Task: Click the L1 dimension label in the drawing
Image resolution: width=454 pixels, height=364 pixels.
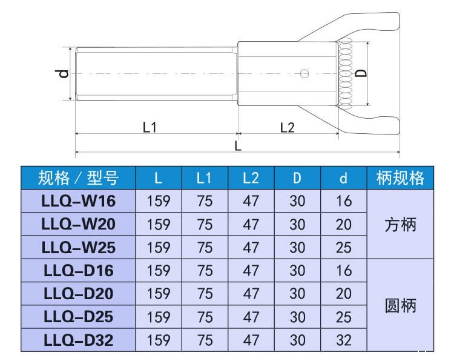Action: (x=150, y=127)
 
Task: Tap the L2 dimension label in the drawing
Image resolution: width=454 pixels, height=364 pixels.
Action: (x=287, y=127)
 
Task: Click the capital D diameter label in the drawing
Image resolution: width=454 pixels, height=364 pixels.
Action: (x=360, y=73)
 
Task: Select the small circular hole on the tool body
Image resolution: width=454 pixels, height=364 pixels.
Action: (x=304, y=74)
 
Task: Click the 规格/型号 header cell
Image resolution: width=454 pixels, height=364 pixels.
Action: (x=78, y=178)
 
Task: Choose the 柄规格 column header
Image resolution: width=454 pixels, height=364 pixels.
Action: (x=401, y=178)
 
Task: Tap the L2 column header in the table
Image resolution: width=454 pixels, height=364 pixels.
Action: (x=251, y=178)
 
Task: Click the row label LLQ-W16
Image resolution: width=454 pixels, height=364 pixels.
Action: (x=78, y=201)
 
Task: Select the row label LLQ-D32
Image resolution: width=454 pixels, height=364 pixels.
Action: (x=78, y=340)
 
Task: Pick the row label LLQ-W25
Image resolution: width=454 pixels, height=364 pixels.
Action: (x=78, y=247)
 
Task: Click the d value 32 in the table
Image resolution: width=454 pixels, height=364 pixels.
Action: (x=343, y=340)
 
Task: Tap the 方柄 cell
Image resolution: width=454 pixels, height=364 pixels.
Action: (x=401, y=225)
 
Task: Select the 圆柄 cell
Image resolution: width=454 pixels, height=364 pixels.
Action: (x=401, y=306)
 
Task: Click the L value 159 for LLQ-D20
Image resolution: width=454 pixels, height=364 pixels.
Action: (x=159, y=294)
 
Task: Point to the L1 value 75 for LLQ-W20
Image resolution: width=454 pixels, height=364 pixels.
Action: (x=205, y=225)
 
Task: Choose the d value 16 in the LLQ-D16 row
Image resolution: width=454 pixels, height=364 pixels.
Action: (x=343, y=271)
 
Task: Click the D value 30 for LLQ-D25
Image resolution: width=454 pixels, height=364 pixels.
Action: (x=297, y=317)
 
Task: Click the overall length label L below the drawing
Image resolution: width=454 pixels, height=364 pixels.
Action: (x=238, y=145)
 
